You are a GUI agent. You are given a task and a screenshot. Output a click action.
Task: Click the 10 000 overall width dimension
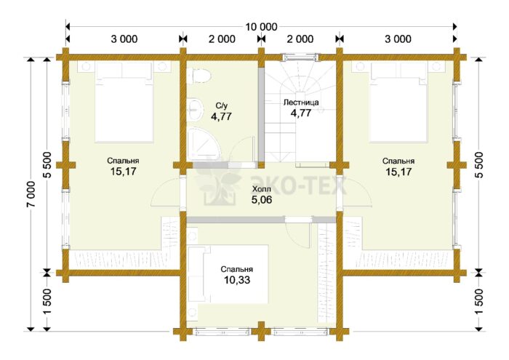261,27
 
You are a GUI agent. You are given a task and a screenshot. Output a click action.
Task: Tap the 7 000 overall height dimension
31,193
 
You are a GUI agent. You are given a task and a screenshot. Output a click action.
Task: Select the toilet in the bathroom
199,76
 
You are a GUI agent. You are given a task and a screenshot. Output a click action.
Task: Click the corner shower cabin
204,144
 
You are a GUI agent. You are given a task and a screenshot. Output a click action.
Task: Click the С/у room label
221,105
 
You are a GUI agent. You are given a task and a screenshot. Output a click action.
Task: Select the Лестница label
301,103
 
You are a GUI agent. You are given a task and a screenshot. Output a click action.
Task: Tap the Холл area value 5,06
262,200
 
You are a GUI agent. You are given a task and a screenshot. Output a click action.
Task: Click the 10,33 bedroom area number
237,279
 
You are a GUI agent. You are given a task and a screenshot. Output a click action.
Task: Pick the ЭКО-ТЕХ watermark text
298,185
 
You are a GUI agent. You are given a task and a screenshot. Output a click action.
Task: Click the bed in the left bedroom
124,103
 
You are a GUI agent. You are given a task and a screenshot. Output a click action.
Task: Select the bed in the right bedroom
398,103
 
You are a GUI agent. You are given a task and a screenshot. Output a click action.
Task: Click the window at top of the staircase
300,57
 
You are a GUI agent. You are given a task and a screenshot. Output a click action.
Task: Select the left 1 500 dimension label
47,301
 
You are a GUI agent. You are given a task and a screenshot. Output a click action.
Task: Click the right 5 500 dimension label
478,164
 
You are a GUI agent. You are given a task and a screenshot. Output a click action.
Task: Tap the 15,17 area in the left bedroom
124,171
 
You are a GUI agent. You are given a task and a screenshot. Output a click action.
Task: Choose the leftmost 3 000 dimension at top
124,39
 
